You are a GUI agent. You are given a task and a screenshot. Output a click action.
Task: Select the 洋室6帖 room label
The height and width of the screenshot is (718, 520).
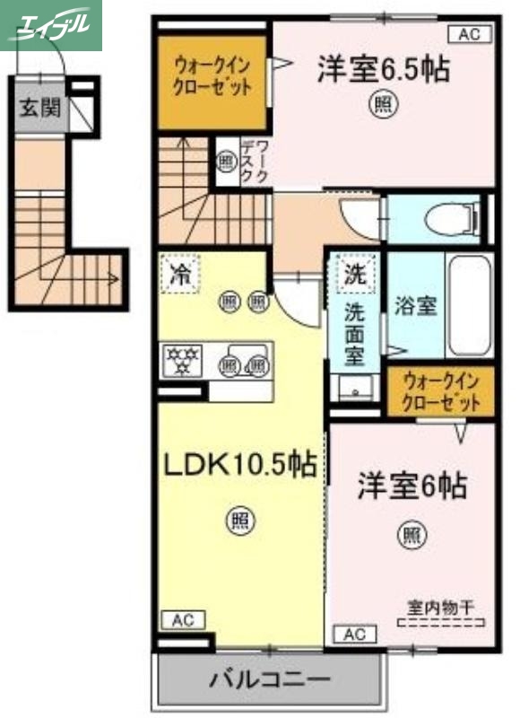click(412, 486)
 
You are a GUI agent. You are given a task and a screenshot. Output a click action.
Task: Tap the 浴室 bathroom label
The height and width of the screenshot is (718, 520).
click(416, 305)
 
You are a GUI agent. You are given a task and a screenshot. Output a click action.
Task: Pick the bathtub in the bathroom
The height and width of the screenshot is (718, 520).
click(469, 306)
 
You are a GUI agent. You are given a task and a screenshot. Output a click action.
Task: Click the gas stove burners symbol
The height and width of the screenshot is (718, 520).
click(183, 361)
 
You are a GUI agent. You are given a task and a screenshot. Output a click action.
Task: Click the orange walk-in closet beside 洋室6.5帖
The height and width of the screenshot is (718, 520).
click(212, 78)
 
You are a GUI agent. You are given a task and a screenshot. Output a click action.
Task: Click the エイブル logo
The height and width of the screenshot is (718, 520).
click(51, 25)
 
